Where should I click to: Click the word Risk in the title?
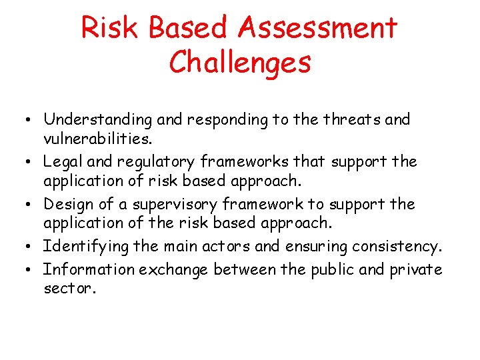pyautogui.click(x=111, y=28)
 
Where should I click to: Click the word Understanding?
pyautogui.click(x=98, y=120)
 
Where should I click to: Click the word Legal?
pyautogui.click(x=62, y=161)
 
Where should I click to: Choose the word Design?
pyautogui.click(x=67, y=204)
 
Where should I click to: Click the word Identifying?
pyautogui.click(x=86, y=247)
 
